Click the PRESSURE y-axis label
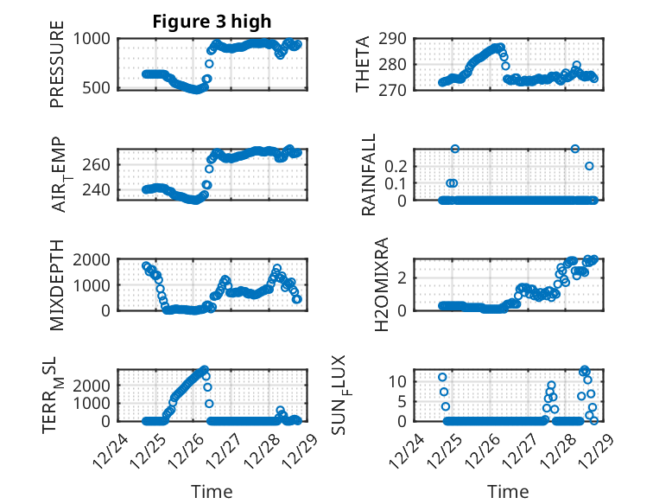pos(57,70)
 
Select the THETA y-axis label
pos(364,63)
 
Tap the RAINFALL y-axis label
pos(369,175)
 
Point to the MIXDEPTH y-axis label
pos(57,284)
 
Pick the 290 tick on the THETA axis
pos(395,39)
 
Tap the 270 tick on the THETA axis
pos(395,87)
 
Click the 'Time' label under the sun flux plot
pos(508,491)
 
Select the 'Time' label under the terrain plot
pos(212,491)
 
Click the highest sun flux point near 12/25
pos(442,377)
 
